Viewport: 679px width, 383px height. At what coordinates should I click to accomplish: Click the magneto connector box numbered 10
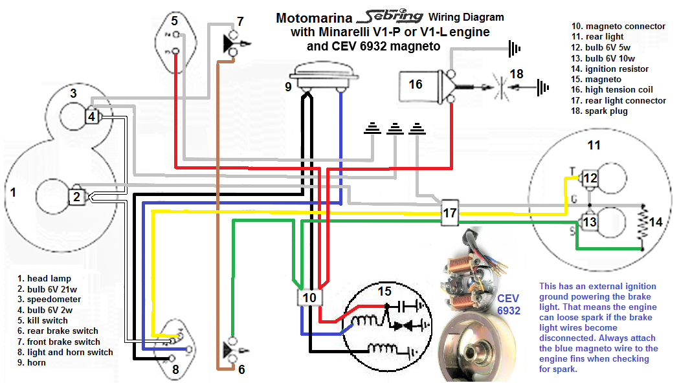pyautogui.click(x=310, y=298)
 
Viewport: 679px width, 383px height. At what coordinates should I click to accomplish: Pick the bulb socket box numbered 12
pyautogui.click(x=590, y=178)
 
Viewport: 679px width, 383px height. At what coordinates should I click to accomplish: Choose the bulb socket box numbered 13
pyautogui.click(x=590, y=222)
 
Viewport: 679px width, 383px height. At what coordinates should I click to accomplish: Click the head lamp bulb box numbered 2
pyautogui.click(x=76, y=197)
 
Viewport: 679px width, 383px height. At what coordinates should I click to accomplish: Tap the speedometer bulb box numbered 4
pyautogui.click(x=93, y=117)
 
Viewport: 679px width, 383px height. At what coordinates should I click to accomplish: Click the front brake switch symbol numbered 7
pyautogui.click(x=230, y=43)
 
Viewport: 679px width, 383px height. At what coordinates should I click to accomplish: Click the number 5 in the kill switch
pyautogui.click(x=174, y=21)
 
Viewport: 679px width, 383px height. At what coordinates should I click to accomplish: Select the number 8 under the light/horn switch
pyautogui.click(x=175, y=371)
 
